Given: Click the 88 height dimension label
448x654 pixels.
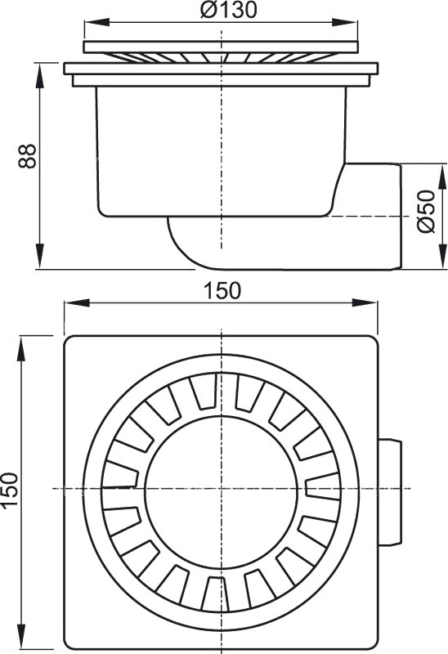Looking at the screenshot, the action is point(28,156).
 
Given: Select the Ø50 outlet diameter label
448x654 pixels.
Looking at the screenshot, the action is point(426,212).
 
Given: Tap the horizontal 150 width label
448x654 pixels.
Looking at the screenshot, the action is point(222,291).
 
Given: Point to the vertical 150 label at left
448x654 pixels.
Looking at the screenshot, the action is point(10,490).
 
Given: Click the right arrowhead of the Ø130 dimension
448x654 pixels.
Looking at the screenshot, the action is point(345,22).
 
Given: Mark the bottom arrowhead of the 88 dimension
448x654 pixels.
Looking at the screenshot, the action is point(39,257).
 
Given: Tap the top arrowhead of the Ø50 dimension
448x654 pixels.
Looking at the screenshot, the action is point(443,177).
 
